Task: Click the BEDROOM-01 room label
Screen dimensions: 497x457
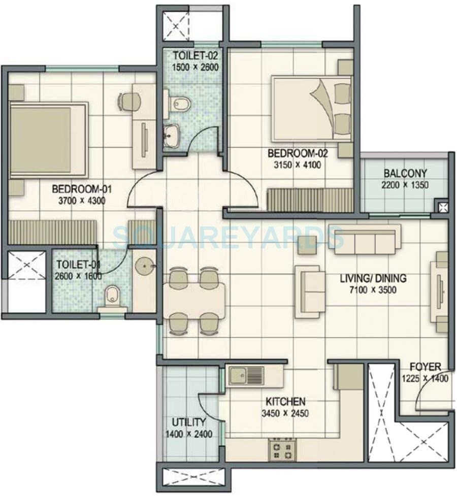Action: (x=82, y=189)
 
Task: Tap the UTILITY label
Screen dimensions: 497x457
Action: (x=188, y=422)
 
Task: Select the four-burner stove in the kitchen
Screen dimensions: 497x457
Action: (x=282, y=450)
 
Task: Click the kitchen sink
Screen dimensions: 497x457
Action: (x=246, y=376)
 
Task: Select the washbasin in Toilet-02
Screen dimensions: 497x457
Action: (x=172, y=135)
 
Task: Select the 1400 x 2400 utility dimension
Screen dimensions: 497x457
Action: (x=188, y=434)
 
